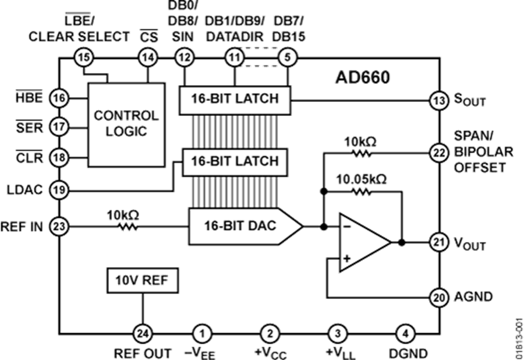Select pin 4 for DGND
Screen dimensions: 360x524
(405, 333)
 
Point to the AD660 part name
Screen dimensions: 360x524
(362, 77)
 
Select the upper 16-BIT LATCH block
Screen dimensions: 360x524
(235, 98)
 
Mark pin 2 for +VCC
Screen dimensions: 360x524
(269, 333)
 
